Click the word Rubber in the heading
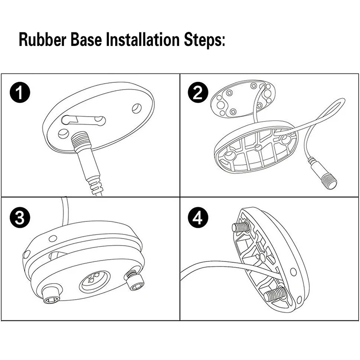click(43, 40)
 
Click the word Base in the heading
click(86, 40)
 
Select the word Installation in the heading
click(143, 40)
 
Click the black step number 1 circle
click(20, 92)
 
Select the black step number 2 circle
click(198, 92)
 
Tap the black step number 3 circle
click(20, 217)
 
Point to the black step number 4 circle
click(198, 217)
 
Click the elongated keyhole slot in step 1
click(84, 120)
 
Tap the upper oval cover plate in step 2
click(243, 99)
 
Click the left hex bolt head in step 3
click(52, 295)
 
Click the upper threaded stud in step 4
click(240, 227)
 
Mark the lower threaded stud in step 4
click(274, 295)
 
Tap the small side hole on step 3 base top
click(53, 238)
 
